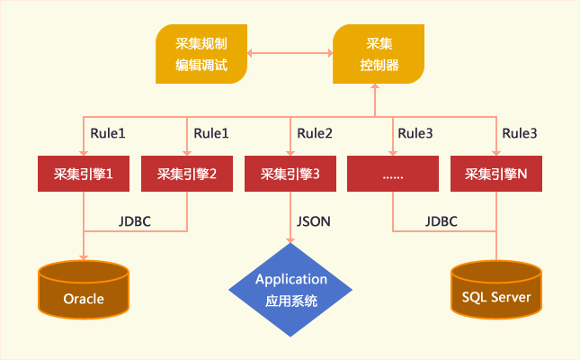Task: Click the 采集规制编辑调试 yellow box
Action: coord(201,54)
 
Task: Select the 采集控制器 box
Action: coord(379,54)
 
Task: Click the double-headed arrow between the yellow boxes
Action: coord(290,53)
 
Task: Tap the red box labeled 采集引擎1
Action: coord(84,174)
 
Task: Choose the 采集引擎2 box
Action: coord(187,174)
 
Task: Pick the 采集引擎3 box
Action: coord(290,174)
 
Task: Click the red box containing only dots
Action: coord(393,174)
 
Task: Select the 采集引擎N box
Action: coord(496,174)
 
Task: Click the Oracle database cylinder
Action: coord(84,290)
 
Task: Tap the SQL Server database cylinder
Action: coord(496,290)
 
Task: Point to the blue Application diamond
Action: coord(290,290)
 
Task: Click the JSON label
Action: coord(313,221)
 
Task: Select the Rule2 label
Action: coord(315,133)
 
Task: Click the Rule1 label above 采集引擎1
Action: coord(108,133)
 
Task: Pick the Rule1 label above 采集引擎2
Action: coord(211,133)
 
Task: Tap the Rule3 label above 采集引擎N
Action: coord(520,133)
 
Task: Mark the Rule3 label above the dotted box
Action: coord(415,133)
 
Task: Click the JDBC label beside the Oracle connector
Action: coord(135,221)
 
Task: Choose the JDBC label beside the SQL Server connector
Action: coord(441,221)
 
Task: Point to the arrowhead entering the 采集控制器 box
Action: coord(375,86)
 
